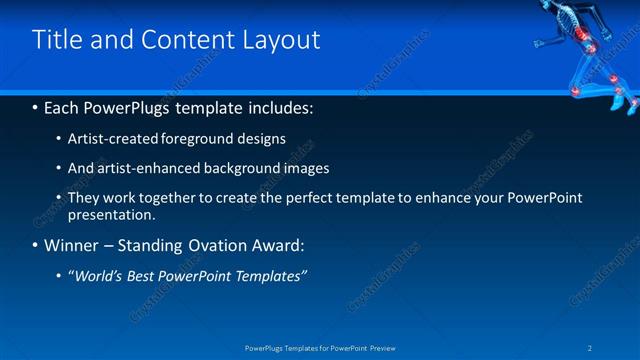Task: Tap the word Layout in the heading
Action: pos(284,40)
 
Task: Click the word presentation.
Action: pos(111,214)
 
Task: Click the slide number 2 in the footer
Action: pos(591,347)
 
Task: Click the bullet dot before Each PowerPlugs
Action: pos(36,106)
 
